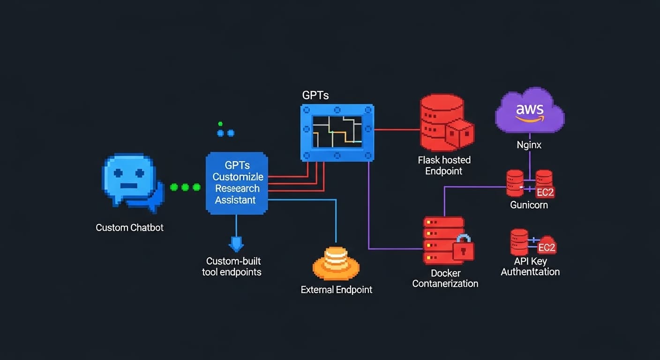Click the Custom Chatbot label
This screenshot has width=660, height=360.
pyautogui.click(x=130, y=228)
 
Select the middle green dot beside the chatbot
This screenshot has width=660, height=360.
pyautogui.click(x=185, y=187)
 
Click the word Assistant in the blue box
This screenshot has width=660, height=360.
pyautogui.click(x=235, y=200)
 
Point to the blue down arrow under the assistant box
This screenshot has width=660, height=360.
pyautogui.click(x=236, y=243)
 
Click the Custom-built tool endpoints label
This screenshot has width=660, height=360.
pyautogui.click(x=233, y=267)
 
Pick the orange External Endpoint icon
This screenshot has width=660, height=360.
pyautogui.click(x=336, y=263)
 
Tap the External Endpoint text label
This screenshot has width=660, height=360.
pyautogui.click(x=336, y=290)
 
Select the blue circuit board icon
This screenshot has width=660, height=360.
pyautogui.click(x=337, y=133)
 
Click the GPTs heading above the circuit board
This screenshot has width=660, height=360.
pyautogui.click(x=315, y=95)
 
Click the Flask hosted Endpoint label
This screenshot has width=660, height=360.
pyautogui.click(x=444, y=165)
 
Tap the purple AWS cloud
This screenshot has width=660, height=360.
pyautogui.click(x=530, y=112)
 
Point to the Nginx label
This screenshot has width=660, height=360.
pyautogui.click(x=529, y=145)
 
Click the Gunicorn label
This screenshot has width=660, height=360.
pyautogui.click(x=529, y=205)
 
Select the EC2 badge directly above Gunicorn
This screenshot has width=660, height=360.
pyautogui.click(x=545, y=192)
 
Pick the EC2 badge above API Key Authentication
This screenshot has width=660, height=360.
pyautogui.click(x=547, y=247)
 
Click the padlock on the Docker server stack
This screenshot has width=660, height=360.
pyautogui.click(x=463, y=249)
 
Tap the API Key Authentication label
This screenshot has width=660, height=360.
pyautogui.click(x=530, y=267)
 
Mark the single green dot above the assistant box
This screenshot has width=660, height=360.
pyautogui.click(x=220, y=124)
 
